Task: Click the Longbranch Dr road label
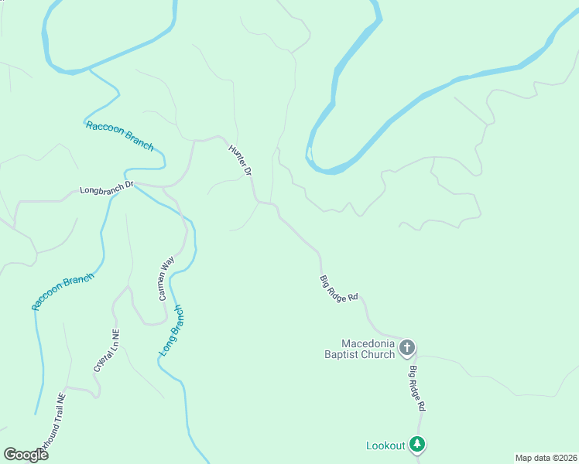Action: (107, 188)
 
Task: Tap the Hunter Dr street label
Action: (241, 160)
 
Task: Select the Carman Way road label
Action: (165, 280)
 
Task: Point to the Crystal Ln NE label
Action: (107, 351)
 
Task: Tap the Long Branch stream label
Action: (172, 330)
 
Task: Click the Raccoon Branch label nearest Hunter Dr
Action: (119, 136)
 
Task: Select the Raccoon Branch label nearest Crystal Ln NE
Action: (63, 292)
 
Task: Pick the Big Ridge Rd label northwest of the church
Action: (339, 288)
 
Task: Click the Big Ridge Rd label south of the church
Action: (418, 388)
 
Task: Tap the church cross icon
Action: (407, 350)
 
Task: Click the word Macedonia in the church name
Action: (368, 343)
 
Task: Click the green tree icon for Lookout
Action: (417, 444)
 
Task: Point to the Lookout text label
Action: (385, 445)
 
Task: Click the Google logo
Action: (26, 454)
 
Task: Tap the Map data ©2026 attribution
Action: (546, 458)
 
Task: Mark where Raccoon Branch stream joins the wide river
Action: (89, 70)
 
